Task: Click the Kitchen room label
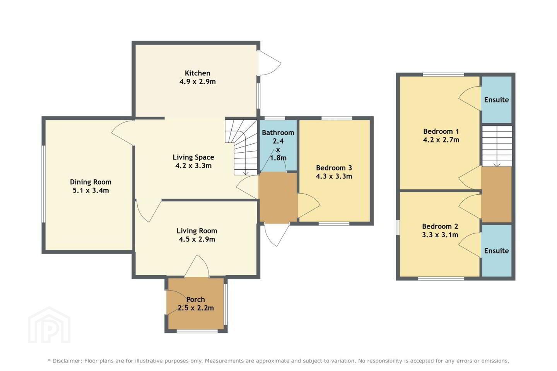tap(197, 73)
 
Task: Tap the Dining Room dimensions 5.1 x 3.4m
tap(91, 191)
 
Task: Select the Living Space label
tap(193, 157)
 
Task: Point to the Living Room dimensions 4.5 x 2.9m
tap(197, 239)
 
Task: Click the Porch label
tap(196, 300)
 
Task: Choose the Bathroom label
tap(278, 133)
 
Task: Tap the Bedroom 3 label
tap(334, 168)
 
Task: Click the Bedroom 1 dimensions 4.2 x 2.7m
tap(441, 140)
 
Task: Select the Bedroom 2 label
tap(440, 226)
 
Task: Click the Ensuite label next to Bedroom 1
tap(497, 100)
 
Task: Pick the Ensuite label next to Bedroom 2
tap(497, 251)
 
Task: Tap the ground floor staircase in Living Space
tap(241, 148)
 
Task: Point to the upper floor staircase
tap(497, 146)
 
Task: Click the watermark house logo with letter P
tap(49, 325)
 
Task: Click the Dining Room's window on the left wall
tap(43, 184)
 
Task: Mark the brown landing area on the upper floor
tap(496, 194)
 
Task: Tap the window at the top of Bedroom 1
tap(444, 74)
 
